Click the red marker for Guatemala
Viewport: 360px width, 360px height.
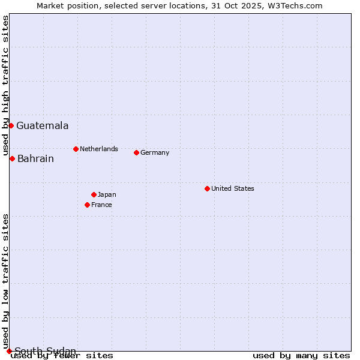click(x=11, y=125)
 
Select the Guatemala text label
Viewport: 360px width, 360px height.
click(x=42, y=126)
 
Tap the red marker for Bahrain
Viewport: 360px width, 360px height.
click(x=12, y=158)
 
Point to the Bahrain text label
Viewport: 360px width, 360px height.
click(x=35, y=159)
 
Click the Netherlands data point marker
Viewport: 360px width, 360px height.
click(x=76, y=149)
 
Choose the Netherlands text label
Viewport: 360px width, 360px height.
click(x=99, y=149)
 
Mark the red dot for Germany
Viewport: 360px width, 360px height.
click(x=136, y=152)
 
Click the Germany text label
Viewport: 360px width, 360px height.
click(x=155, y=152)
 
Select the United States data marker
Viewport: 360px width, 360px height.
click(x=207, y=188)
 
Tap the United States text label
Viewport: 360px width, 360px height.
click(x=233, y=188)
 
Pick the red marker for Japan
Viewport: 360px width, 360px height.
click(x=94, y=194)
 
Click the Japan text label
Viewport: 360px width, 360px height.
click(x=107, y=194)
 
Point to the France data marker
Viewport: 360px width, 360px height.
click(x=87, y=205)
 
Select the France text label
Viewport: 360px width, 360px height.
click(x=101, y=205)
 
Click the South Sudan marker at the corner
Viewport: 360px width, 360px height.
click(x=9, y=351)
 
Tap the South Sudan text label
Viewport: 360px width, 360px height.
click(x=45, y=351)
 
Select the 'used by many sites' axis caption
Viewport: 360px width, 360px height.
click(x=301, y=356)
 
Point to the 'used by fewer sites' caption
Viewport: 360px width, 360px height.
click(x=62, y=356)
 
